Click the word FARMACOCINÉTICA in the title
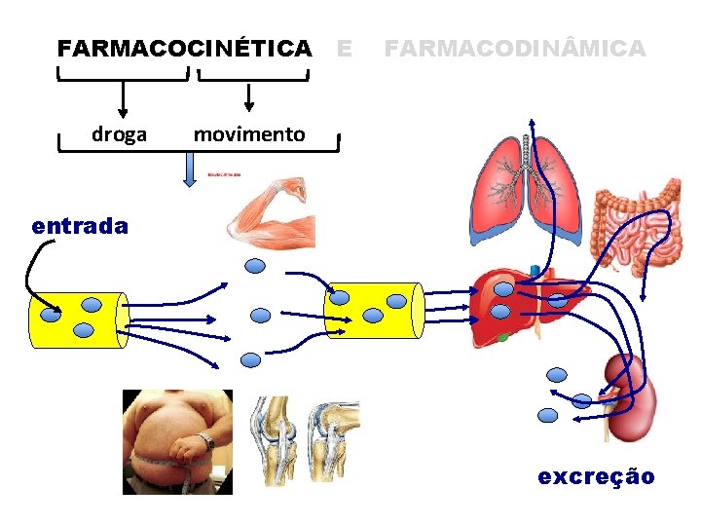pos(185,48)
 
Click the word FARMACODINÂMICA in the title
pos(515,48)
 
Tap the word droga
pos(119,134)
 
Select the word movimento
pos(248,134)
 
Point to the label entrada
pos(80,226)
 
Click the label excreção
pos(597,476)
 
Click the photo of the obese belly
pos(177,441)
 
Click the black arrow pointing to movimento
pos(249,96)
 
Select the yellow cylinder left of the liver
pos(374,310)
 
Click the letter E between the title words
pos(343,48)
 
